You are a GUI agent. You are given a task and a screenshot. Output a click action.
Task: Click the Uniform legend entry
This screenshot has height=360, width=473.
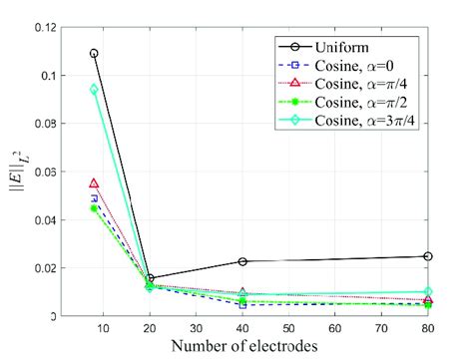[340, 48]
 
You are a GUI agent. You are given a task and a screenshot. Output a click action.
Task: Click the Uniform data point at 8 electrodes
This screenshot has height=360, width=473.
[94, 53]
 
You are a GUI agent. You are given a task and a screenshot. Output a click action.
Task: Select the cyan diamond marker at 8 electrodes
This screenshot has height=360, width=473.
[94, 90]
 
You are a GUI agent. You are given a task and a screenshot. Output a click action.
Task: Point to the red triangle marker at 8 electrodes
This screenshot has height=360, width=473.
[94, 183]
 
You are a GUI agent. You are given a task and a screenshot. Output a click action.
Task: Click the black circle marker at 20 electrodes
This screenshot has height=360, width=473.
[150, 278]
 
